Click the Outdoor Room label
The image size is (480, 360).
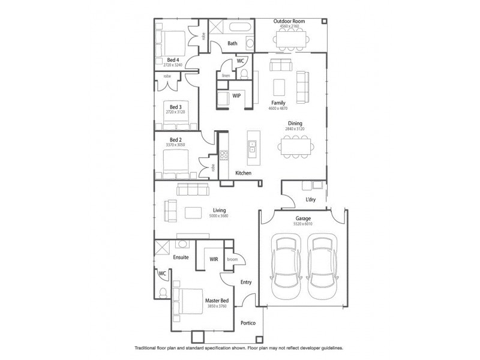tap(289, 21)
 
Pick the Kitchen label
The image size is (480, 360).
tap(242, 173)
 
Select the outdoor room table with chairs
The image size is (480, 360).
tap(289, 41)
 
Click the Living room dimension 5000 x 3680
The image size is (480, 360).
tap(218, 216)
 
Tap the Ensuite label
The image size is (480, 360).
tap(181, 257)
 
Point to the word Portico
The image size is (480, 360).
tap(248, 323)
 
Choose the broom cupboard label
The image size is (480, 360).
tap(232, 259)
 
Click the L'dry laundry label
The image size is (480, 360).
tap(311, 199)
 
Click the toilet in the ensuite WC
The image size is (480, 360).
tap(163, 292)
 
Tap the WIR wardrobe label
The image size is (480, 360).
tap(213, 259)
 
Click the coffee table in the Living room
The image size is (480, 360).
tap(193, 212)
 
